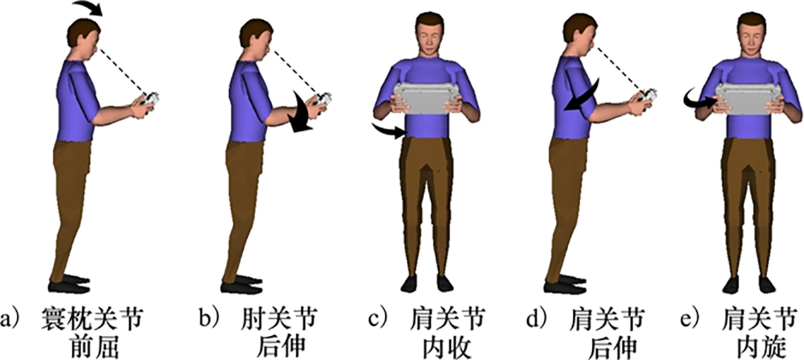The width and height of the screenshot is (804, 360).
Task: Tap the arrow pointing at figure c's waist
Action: [x=389, y=131]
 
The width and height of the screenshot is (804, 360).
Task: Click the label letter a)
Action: [x=10, y=319]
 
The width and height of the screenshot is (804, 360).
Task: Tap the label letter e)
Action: [x=691, y=318]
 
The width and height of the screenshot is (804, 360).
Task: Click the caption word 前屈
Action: [x=95, y=347]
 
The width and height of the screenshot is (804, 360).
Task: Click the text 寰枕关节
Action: [x=92, y=319]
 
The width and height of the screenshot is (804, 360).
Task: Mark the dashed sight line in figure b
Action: [x=295, y=71]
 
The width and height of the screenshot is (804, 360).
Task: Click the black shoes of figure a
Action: [x=69, y=284]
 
